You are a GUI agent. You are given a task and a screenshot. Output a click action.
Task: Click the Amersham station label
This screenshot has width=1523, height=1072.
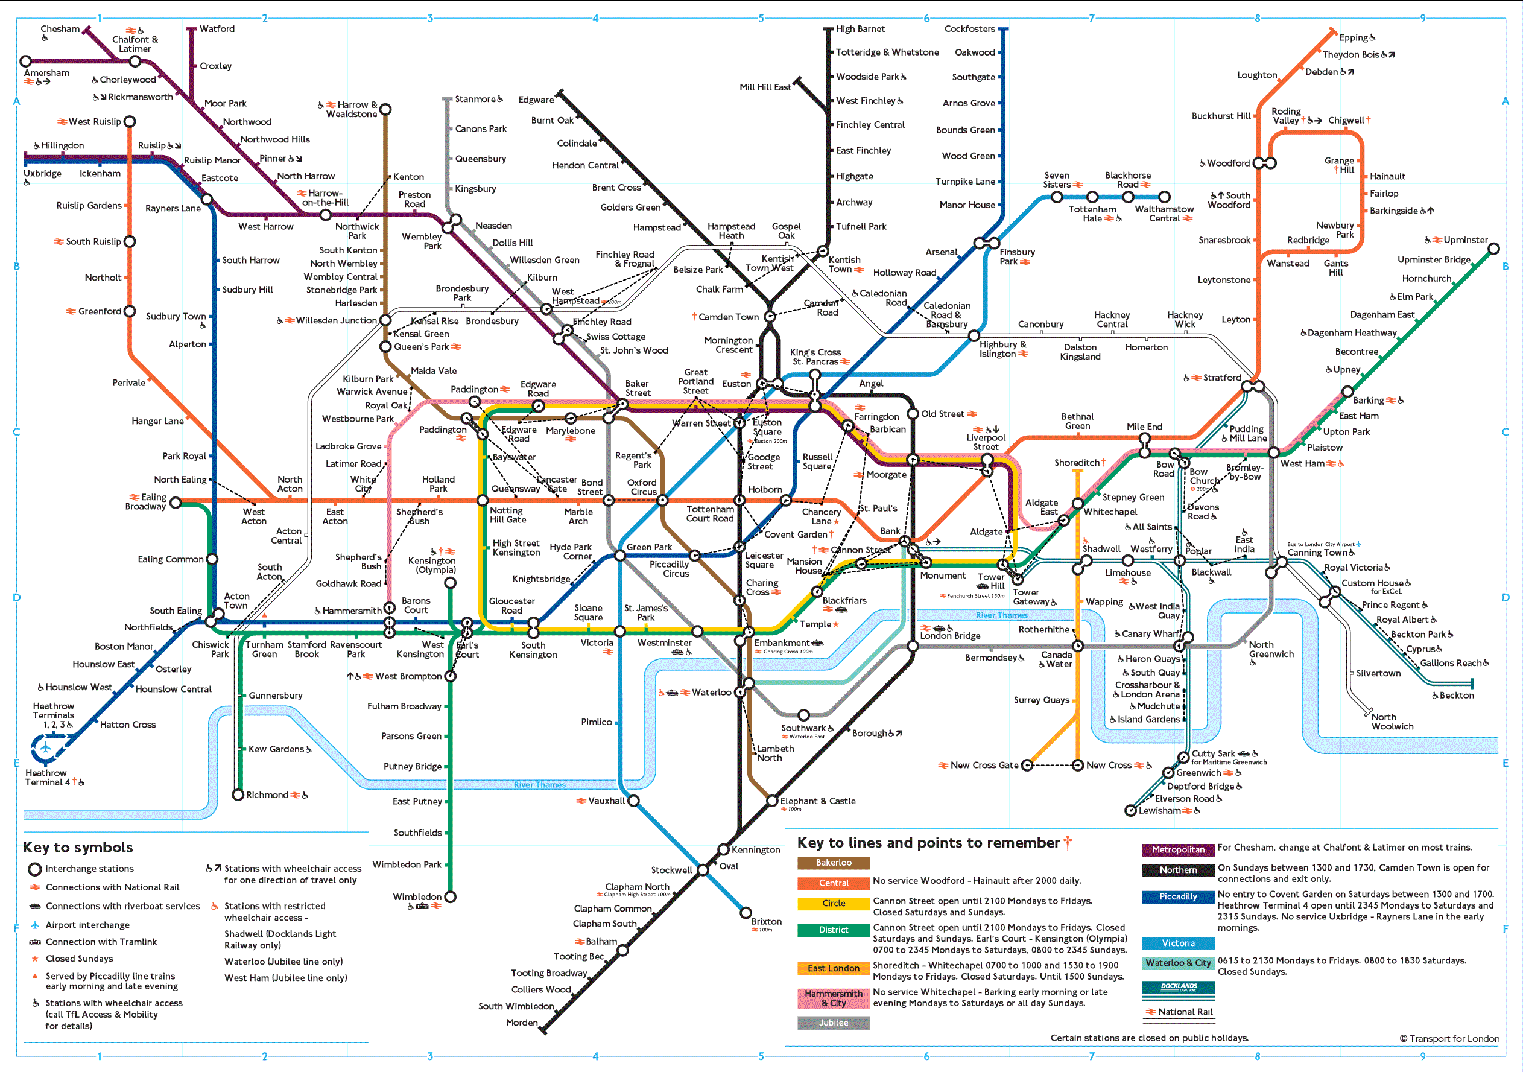point(46,73)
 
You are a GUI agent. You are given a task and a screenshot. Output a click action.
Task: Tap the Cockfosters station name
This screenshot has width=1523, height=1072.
point(969,28)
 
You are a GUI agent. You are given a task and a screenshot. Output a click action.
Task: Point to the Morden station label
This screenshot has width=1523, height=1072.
point(521,1023)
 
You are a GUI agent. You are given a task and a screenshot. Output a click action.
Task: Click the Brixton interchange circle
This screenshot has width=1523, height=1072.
point(746,913)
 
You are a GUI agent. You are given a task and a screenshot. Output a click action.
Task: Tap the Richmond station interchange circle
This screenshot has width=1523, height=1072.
point(238,794)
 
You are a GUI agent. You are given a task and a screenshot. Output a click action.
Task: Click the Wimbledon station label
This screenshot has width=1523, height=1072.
point(417,897)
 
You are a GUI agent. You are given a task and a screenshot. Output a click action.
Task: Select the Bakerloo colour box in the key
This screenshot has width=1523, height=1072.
point(833,863)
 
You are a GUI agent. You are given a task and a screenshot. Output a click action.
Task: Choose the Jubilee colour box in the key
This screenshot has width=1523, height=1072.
point(833,1023)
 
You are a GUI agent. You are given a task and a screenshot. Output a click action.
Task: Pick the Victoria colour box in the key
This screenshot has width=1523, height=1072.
point(1178,944)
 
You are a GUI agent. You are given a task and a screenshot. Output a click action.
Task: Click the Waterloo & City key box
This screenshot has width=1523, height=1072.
point(1178,963)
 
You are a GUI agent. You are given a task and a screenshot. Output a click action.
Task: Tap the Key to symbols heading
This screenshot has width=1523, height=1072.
point(78,847)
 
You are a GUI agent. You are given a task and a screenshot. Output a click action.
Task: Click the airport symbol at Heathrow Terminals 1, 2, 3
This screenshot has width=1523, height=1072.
point(46,748)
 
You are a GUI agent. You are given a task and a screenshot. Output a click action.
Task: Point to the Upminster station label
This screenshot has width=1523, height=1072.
point(1465,240)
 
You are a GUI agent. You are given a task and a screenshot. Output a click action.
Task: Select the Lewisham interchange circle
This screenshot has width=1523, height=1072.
point(1131,811)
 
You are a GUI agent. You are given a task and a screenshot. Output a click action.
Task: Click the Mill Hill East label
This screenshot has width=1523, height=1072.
point(765,87)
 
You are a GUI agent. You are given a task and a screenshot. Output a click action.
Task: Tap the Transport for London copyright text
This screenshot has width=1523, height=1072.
point(1449,1039)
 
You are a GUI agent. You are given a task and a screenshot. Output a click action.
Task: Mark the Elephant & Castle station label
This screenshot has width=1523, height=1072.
point(817,801)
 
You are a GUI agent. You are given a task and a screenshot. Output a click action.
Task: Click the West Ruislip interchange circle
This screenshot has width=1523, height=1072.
point(130,121)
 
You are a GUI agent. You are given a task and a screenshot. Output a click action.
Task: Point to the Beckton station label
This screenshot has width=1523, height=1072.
point(1456,695)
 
